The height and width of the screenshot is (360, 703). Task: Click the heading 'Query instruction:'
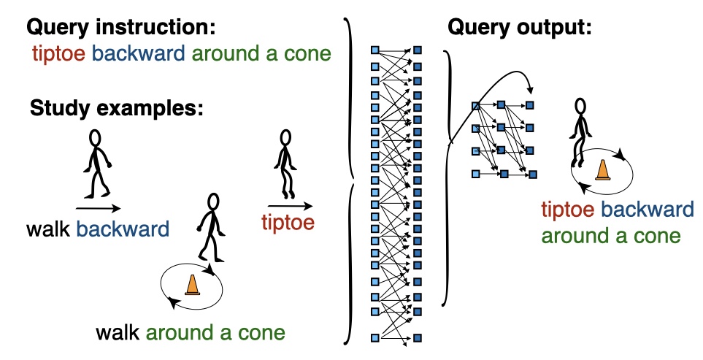tap(121, 28)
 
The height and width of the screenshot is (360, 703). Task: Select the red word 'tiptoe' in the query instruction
tap(58, 54)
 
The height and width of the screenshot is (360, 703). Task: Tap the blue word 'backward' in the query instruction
tap(139, 53)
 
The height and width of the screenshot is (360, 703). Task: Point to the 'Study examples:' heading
tap(117, 109)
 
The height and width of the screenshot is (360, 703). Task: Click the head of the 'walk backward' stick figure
tap(95, 138)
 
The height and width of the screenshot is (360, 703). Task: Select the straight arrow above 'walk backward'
tap(99, 208)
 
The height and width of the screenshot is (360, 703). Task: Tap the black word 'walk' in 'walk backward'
tap(48, 229)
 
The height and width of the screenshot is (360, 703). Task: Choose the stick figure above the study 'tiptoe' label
tap(285, 164)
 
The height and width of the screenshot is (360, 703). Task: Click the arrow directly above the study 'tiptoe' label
tap(290, 206)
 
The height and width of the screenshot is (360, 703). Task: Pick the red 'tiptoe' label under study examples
tap(288, 223)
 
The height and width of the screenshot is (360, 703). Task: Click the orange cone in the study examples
tap(192, 285)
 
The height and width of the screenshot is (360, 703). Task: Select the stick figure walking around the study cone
tap(211, 228)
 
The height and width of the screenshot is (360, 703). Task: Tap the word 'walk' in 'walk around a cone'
tap(118, 333)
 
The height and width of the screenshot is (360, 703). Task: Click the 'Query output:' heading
tap(520, 28)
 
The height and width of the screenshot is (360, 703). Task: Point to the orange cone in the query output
tap(602, 170)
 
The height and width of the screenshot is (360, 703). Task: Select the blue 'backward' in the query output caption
tap(647, 210)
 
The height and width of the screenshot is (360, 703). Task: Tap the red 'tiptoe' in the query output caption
tap(568, 210)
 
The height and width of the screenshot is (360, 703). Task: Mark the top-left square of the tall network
tap(374, 50)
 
